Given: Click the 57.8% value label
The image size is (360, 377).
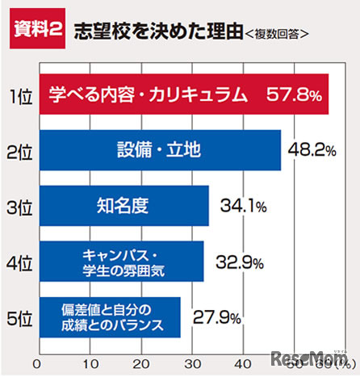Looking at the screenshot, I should [294, 95].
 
